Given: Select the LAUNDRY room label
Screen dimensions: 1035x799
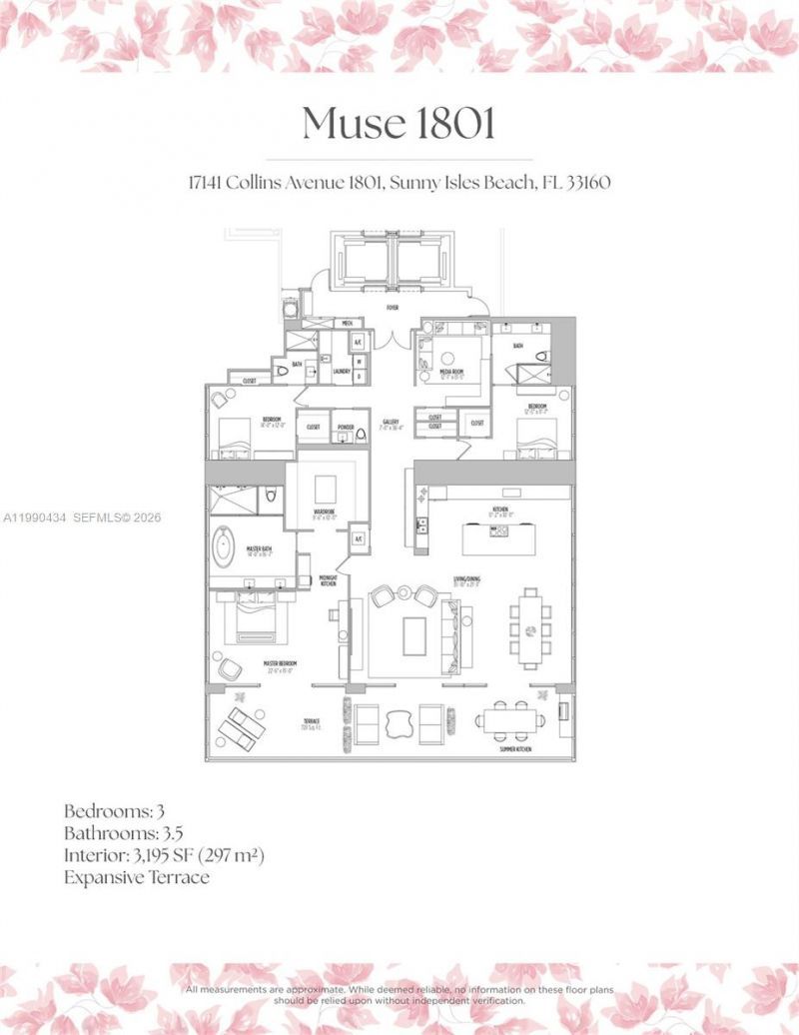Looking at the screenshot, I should tap(340, 370).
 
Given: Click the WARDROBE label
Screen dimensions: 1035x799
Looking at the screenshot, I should tap(324, 513).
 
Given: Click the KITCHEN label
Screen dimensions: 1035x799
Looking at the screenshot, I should tap(499, 511).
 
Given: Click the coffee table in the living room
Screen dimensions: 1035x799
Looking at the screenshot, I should tap(414, 636).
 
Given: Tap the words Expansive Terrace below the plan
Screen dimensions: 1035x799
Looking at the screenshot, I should tap(137, 878).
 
